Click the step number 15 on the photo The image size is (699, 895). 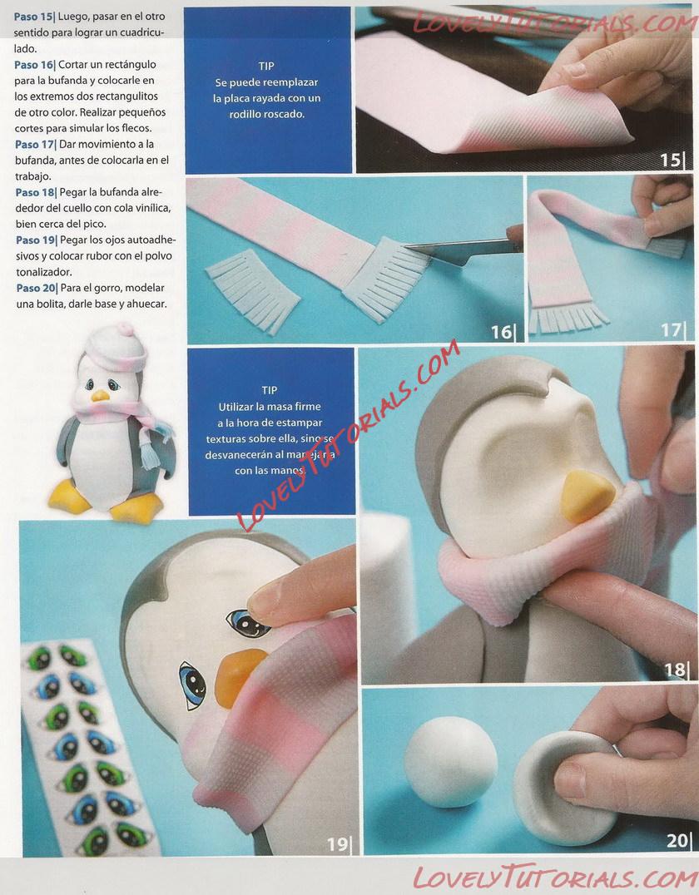coord(671,160)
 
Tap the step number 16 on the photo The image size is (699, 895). coord(502,332)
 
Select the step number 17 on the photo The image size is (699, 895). coord(672,329)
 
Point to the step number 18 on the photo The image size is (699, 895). coord(675,669)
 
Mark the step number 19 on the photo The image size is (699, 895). coord(337,843)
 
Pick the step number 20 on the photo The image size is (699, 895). coord(677,840)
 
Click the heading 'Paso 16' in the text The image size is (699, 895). coord(34,65)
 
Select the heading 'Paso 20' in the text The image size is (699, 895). coord(37,289)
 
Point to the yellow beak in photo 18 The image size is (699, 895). coord(586,496)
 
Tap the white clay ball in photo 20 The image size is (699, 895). coord(450,762)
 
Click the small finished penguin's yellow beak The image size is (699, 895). coord(101,396)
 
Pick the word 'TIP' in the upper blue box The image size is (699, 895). coord(266,67)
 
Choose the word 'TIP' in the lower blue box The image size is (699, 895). coord(270,390)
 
